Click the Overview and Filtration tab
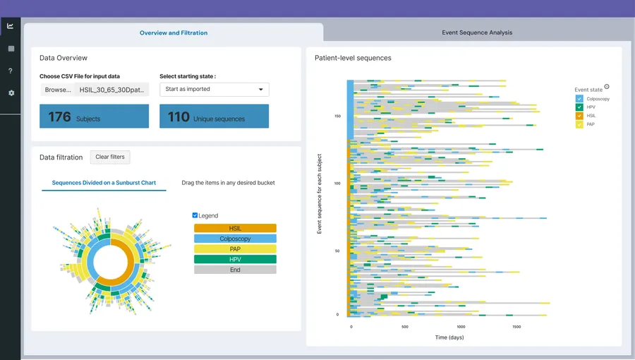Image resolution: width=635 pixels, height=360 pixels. (x=174, y=32)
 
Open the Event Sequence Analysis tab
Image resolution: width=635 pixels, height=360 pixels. (x=477, y=32)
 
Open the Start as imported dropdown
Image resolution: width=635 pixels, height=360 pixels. (x=214, y=90)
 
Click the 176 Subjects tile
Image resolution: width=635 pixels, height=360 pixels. (x=94, y=116)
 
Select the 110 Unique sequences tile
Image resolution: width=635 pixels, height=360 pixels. (x=214, y=116)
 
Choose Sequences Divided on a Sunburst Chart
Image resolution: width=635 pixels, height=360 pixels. (x=104, y=183)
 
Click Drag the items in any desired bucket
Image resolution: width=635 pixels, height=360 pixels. (x=228, y=183)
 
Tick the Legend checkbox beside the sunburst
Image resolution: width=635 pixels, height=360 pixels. (x=195, y=215)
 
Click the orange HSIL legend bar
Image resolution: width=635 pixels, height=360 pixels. (x=235, y=229)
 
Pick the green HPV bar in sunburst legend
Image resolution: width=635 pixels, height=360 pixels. (x=235, y=260)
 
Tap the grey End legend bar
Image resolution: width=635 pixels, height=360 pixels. (x=235, y=270)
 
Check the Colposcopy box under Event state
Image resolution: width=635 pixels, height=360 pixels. (x=580, y=99)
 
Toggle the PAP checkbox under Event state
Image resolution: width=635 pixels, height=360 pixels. (x=580, y=124)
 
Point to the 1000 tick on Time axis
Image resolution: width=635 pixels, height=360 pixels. (x=461, y=327)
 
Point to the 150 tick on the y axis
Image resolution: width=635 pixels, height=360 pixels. (x=337, y=116)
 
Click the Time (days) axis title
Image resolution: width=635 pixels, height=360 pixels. (x=449, y=337)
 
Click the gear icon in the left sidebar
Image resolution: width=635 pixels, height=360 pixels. (x=11, y=93)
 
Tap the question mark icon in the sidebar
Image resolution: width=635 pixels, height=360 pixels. (x=11, y=71)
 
